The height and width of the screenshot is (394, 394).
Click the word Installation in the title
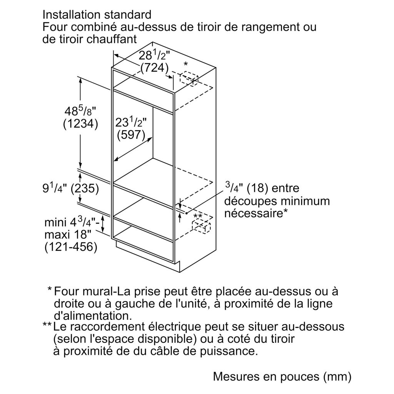coord(72,15)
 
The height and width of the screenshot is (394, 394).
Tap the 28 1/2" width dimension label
coord(154,55)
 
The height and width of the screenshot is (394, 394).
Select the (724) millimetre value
coord(154,68)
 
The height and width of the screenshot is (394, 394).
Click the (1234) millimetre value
coord(80,124)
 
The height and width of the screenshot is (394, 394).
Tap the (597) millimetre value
coord(131,135)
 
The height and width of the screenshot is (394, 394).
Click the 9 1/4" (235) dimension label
coord(71,188)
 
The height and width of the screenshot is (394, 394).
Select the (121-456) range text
coord(71,247)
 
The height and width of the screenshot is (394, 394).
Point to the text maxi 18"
coord(67,235)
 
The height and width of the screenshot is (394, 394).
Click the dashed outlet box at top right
coord(189,78)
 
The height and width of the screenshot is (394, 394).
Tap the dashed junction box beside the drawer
coord(201,225)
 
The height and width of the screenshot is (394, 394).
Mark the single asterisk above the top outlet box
coord(186,64)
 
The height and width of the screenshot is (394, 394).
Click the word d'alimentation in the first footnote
coord(93,316)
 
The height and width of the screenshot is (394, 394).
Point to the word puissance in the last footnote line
coord(229,351)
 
